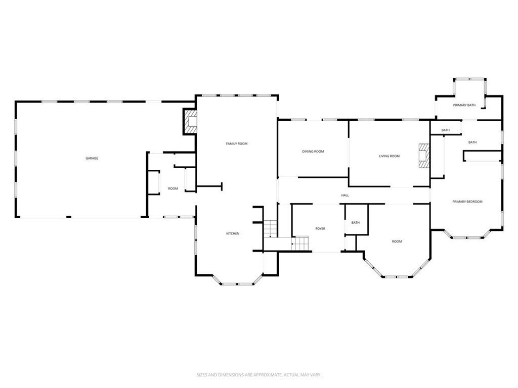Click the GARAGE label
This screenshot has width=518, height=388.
click(92, 158)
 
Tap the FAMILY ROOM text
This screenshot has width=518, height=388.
click(236, 144)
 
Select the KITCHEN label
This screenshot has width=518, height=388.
click(232, 233)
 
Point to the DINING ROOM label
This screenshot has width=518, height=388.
click(313, 152)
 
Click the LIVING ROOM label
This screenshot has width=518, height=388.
click(389, 156)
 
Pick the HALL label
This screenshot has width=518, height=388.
click(345, 196)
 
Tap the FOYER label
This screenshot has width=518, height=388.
click(320, 229)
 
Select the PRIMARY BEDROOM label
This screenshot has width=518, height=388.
click(467, 202)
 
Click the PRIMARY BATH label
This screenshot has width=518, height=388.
click(464, 105)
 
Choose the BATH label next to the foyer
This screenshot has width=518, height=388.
click(356, 223)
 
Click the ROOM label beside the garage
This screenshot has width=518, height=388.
click(173, 188)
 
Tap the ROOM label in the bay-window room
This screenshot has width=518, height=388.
click(397, 241)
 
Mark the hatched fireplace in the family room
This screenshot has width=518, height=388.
click(191, 122)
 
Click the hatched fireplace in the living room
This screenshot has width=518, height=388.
click(423, 156)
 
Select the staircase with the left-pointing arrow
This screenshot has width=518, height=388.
click(300, 244)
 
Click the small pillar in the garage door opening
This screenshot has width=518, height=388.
click(68, 217)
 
